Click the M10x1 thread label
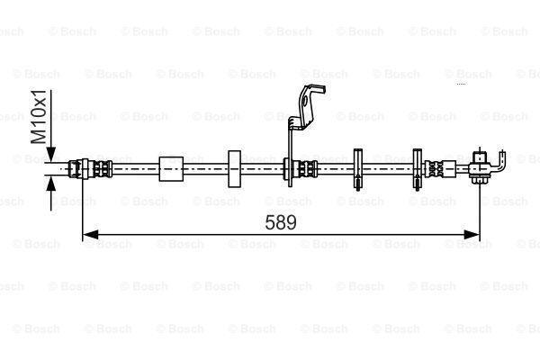(38, 116)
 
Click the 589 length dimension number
(281, 222)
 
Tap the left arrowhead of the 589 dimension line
(90, 235)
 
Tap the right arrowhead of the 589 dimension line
(472, 235)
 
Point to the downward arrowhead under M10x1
(51, 154)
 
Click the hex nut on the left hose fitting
(85, 169)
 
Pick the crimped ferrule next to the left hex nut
(103, 169)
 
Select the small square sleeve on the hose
(171, 169)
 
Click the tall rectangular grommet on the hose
(235, 169)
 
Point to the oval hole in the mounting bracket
(304, 103)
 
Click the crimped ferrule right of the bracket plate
(308, 169)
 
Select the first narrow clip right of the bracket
(358, 169)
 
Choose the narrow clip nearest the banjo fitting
(417, 169)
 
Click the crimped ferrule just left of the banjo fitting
(435, 169)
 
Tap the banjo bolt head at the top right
(479, 157)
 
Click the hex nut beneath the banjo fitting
(479, 180)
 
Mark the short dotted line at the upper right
(461, 84)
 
